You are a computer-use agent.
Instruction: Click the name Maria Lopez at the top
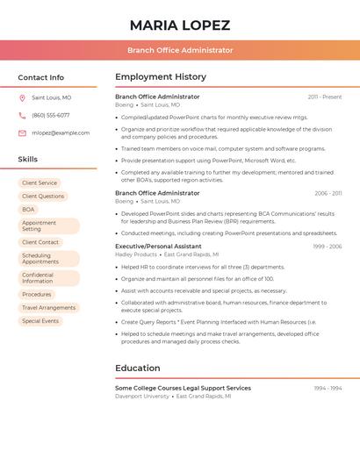(180, 25)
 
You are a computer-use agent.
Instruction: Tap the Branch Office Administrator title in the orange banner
(180, 50)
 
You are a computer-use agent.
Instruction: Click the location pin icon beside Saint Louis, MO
(22, 97)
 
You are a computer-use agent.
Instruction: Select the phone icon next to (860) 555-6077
(22, 115)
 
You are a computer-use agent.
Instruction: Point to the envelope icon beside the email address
(22, 132)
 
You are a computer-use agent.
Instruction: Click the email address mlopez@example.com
(61, 132)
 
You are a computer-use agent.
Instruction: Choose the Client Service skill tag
(40, 182)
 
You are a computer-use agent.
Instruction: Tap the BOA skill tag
(29, 210)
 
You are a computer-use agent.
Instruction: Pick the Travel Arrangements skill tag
(48, 308)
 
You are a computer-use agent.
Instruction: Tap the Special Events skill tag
(40, 321)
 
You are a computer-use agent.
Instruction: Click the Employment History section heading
(161, 77)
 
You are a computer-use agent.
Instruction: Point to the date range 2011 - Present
(325, 97)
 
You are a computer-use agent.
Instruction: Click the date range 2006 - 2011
(328, 193)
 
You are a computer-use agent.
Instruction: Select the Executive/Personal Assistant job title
(158, 247)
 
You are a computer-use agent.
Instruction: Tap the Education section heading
(138, 368)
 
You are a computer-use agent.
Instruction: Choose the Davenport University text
(142, 396)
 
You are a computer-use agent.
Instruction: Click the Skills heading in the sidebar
(28, 160)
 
